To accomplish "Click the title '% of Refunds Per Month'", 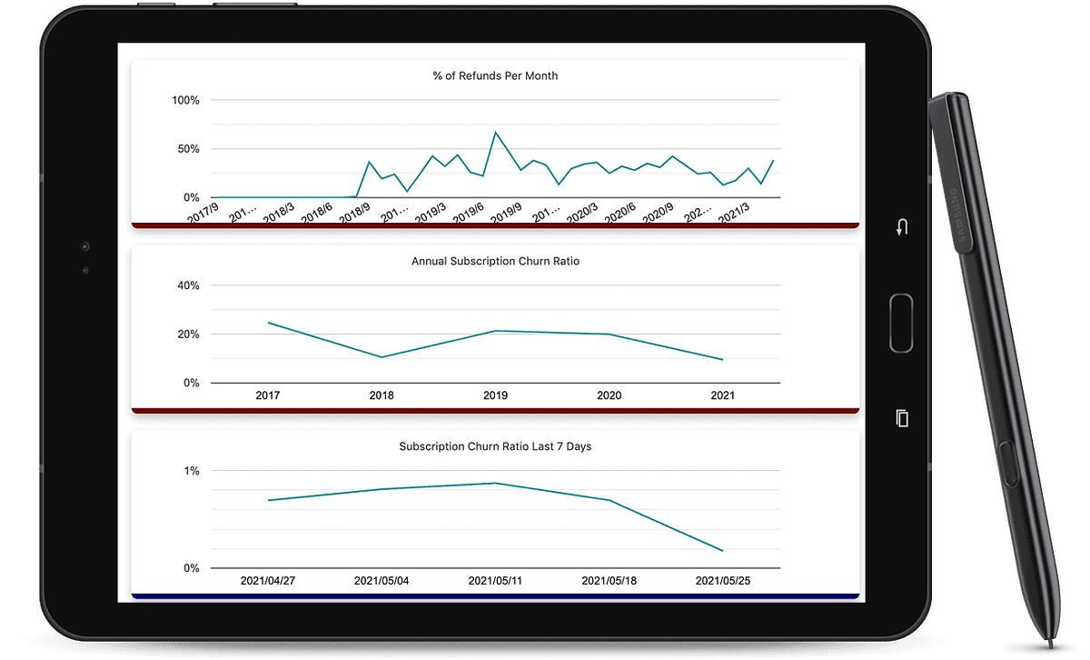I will click(x=495, y=76).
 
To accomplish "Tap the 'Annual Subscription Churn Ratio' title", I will click(x=495, y=262).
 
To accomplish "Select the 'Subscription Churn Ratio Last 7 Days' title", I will click(x=495, y=447).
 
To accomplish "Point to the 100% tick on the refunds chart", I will click(x=185, y=100).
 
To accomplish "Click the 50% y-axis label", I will click(x=187, y=149).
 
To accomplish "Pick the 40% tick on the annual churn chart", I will click(x=187, y=285).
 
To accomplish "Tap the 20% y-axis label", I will click(x=187, y=335).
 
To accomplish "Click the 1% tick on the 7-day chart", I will click(x=192, y=471).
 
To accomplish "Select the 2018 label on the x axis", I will click(x=381, y=396).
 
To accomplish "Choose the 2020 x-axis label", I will click(x=609, y=396).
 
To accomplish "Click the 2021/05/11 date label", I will click(x=495, y=581).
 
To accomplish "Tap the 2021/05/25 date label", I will click(x=722, y=581).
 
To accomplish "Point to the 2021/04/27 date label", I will click(x=268, y=581).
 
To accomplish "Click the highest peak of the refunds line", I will click(x=496, y=133).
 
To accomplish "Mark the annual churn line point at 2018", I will click(x=381, y=357).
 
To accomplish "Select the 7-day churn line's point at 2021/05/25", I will click(x=722, y=551).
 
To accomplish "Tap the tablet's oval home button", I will click(x=901, y=323).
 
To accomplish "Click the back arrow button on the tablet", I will click(x=902, y=227).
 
